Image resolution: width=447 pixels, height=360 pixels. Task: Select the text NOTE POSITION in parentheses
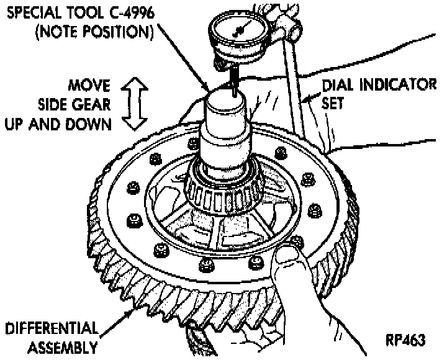[x=99, y=30]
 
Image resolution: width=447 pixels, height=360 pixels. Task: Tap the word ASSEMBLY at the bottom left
[x=59, y=346]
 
